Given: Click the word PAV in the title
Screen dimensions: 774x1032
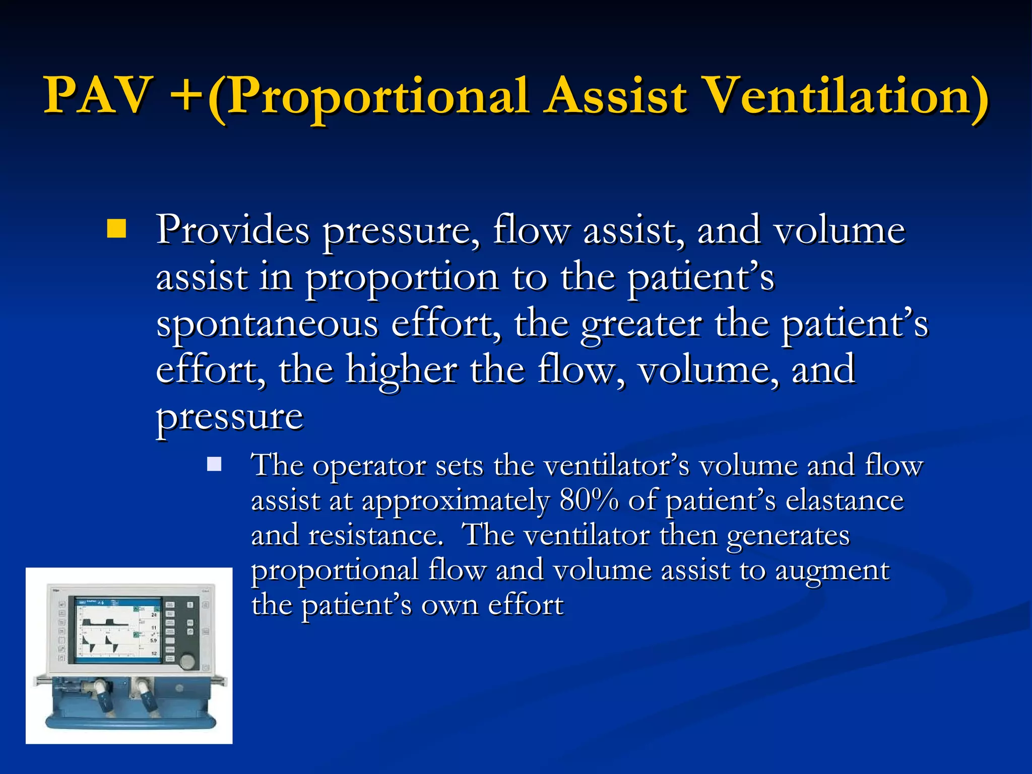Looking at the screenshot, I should (x=98, y=96).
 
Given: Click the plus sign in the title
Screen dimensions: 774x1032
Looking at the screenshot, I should (x=187, y=96).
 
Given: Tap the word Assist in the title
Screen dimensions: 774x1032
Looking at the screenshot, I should (x=617, y=96).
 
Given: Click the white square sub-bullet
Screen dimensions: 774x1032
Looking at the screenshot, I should (x=214, y=464).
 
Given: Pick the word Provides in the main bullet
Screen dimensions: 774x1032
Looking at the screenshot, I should (x=232, y=230).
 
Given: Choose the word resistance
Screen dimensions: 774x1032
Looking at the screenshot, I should (x=375, y=535).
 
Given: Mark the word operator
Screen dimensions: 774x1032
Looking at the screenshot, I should (x=369, y=466).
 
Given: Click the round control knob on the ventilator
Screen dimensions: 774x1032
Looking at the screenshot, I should (x=188, y=661).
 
